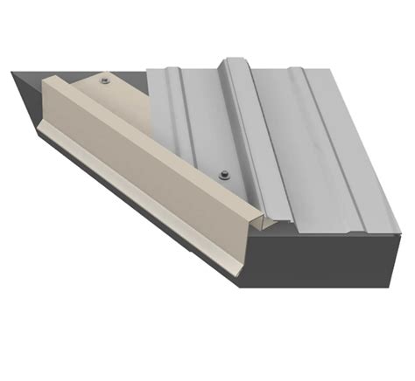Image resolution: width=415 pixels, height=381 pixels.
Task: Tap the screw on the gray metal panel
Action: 224,173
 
